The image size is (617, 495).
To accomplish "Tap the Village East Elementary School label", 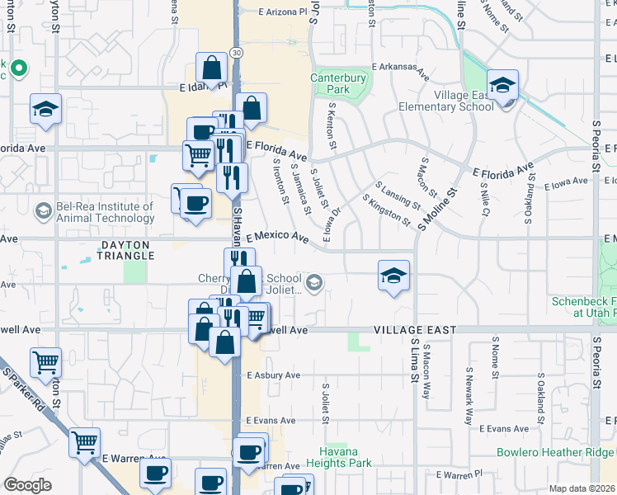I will [445, 101].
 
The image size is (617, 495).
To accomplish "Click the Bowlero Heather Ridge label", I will [555, 452].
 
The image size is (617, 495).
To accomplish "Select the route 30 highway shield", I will [237, 52].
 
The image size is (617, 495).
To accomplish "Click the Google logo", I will [27, 485].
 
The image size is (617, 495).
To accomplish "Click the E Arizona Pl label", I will [288, 12].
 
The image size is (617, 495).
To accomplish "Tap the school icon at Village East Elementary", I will [502, 85].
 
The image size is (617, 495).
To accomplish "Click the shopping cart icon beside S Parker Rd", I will [84, 443].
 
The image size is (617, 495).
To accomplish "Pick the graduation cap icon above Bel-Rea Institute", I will [45, 109].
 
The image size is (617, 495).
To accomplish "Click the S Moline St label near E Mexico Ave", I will [437, 210].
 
